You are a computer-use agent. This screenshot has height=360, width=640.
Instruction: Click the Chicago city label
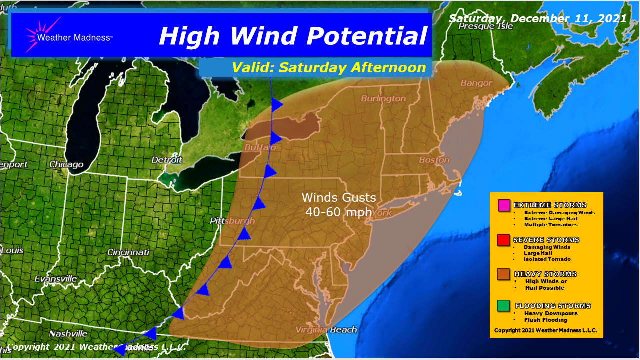click(x=66, y=164)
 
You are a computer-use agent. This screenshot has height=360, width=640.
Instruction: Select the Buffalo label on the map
click(x=260, y=148)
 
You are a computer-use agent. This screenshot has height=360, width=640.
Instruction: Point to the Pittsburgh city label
click(x=233, y=221)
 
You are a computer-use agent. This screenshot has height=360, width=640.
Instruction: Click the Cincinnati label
click(x=128, y=252)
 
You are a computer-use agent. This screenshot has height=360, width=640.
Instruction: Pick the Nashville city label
click(x=68, y=333)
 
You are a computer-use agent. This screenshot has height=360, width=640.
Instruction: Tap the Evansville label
click(x=56, y=278)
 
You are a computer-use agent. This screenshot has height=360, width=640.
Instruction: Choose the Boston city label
click(x=434, y=160)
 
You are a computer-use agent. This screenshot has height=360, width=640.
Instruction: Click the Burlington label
click(x=383, y=98)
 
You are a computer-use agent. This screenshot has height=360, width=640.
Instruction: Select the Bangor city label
click(x=476, y=83)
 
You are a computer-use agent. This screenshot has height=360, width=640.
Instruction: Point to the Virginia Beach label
click(x=326, y=329)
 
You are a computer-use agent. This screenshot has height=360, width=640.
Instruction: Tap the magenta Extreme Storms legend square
click(x=504, y=205)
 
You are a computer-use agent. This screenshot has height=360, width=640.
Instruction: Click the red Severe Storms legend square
click(x=503, y=240)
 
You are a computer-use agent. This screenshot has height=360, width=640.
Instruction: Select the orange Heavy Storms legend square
click(x=503, y=274)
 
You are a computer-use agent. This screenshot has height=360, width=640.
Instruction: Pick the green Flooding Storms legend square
click(x=503, y=305)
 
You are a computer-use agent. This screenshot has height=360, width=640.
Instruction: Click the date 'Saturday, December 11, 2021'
click(x=537, y=18)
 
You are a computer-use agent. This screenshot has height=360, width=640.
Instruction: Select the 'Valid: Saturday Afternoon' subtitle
click(x=328, y=67)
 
